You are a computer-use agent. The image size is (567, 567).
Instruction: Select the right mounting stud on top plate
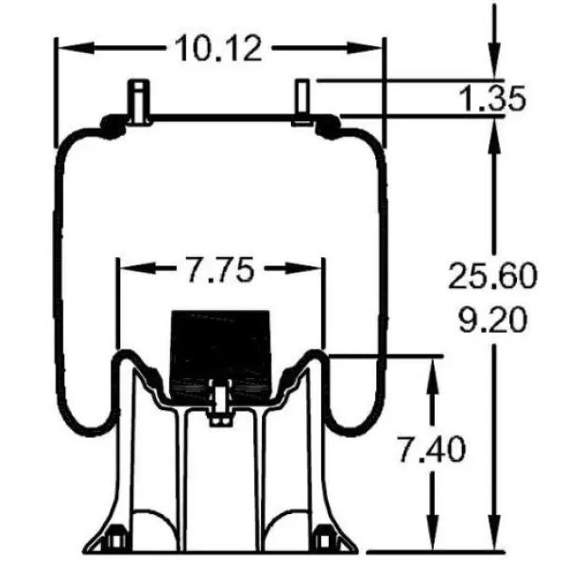[302, 100]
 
